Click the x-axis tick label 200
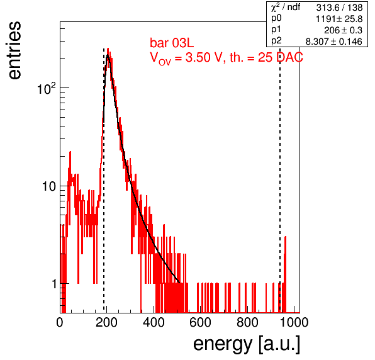pos(106,322)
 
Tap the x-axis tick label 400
pos(154,322)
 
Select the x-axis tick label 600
pos(201,322)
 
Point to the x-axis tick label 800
pos(247,322)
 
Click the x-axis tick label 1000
pos(294,322)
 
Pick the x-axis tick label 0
pos(60,322)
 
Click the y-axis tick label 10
pos(49,186)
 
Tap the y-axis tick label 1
pos(54,284)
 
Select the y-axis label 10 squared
pos(46,89)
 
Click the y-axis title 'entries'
pos(15,50)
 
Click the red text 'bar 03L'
pos(172,43)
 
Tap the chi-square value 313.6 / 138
pos(339,8)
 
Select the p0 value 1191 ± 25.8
pos(339,19)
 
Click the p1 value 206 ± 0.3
pos(343,30)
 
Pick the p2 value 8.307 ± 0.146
pos(334,42)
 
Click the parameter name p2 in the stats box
pos(276,41)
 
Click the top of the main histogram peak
pos(108,48)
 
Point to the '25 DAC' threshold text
pos(280,58)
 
